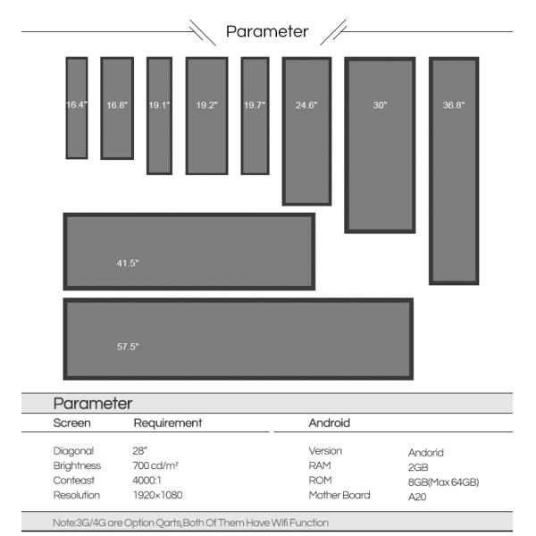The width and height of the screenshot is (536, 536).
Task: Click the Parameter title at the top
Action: [x=267, y=31]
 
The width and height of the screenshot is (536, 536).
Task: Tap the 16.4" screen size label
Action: [x=76, y=105]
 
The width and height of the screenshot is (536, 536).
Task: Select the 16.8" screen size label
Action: [x=117, y=105]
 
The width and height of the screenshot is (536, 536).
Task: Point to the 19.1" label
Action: [x=159, y=105]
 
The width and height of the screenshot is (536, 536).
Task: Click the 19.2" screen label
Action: [x=206, y=105]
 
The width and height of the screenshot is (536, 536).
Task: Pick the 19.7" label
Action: [x=255, y=105]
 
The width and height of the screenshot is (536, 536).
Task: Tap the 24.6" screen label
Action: [x=306, y=105]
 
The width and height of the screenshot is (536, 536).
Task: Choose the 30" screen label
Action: [x=380, y=105]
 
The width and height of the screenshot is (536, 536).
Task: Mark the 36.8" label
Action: [x=454, y=105]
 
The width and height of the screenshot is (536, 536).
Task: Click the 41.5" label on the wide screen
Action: [x=128, y=263]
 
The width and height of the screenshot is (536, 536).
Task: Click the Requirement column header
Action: [x=168, y=423]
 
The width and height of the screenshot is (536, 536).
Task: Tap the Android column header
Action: [x=329, y=423]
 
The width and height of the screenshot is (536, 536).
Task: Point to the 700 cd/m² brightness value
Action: [x=155, y=466]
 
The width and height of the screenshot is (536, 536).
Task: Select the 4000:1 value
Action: [x=148, y=481]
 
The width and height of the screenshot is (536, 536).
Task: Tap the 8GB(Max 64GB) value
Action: [x=443, y=482]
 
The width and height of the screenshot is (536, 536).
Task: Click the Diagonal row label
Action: [x=74, y=451]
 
